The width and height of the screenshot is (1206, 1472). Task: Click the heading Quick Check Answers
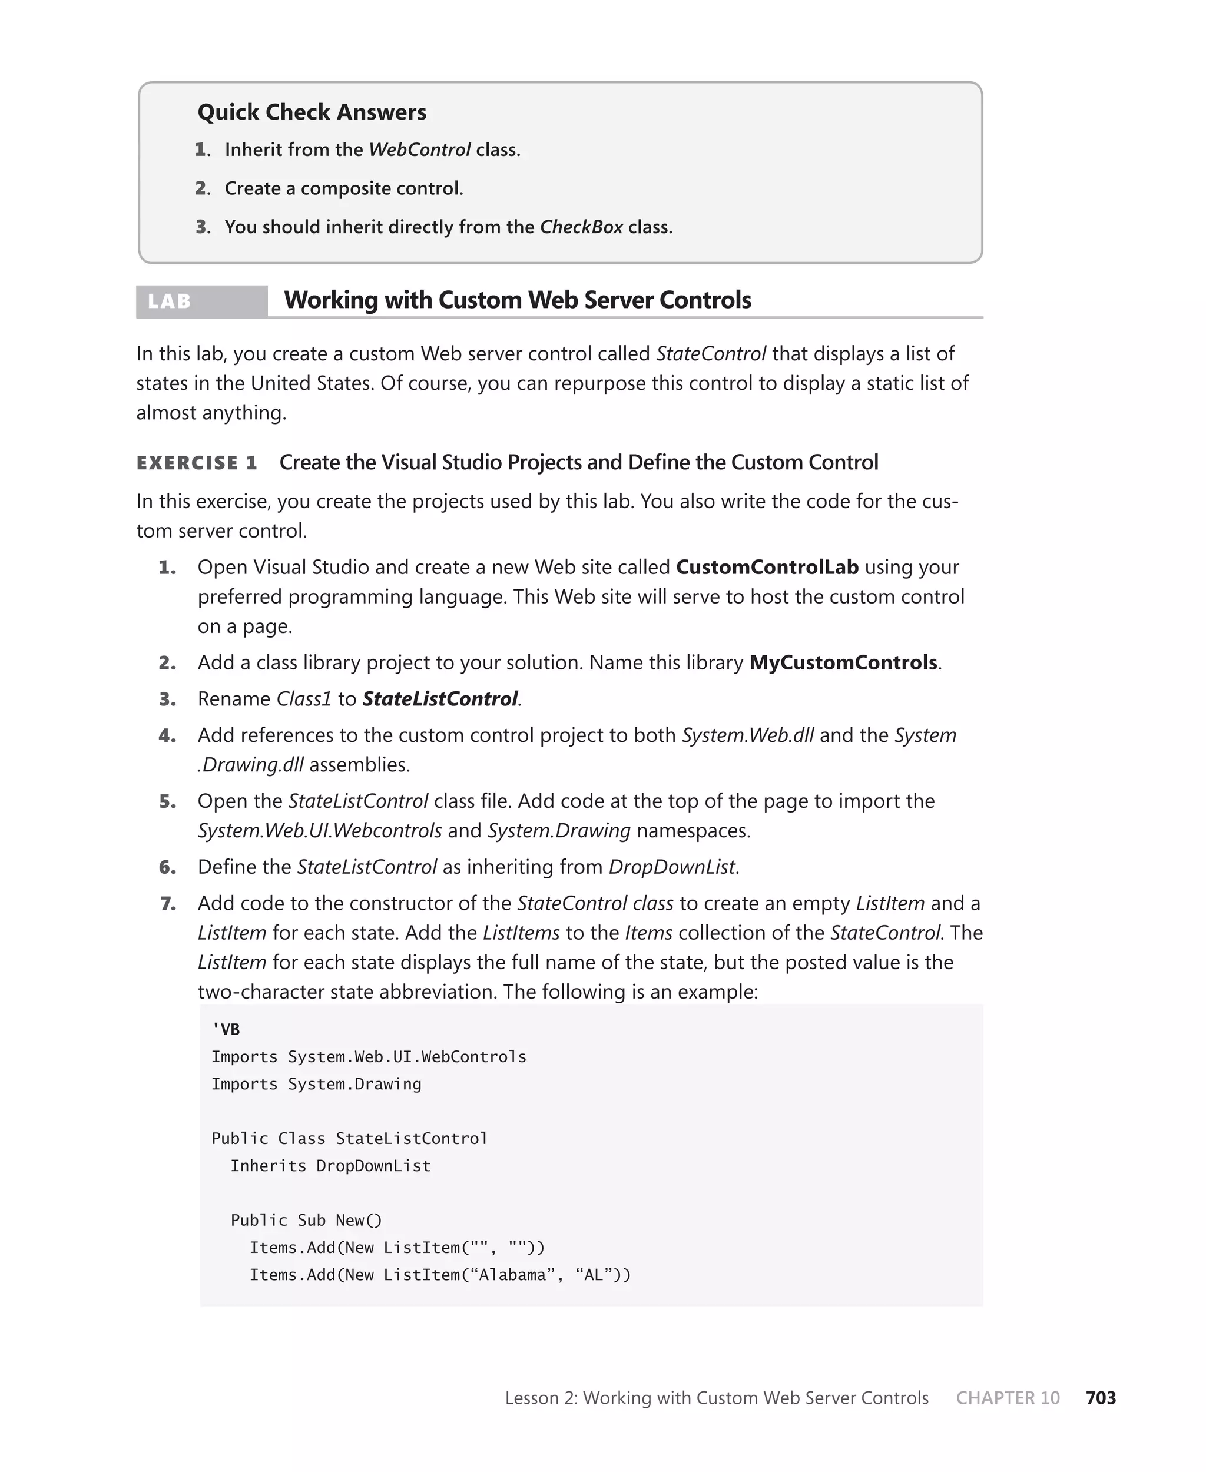pyautogui.click(x=312, y=112)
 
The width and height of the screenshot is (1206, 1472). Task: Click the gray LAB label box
pyautogui.click(x=201, y=301)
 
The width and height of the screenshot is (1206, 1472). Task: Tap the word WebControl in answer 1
pyautogui.click(x=419, y=150)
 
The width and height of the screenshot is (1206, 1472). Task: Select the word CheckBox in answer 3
pyautogui.click(x=581, y=227)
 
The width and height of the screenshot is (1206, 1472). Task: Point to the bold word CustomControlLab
pyautogui.click(x=767, y=568)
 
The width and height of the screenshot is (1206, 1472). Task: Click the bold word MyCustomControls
pyautogui.click(x=843, y=663)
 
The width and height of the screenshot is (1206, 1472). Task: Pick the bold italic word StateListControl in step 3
pyautogui.click(x=440, y=699)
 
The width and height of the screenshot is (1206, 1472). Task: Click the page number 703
pyautogui.click(x=1101, y=1398)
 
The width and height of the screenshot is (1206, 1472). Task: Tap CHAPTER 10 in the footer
pyautogui.click(x=1008, y=1398)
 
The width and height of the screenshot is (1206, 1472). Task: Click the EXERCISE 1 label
pyautogui.click(x=197, y=463)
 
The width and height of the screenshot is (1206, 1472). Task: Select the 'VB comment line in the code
pyautogui.click(x=226, y=1029)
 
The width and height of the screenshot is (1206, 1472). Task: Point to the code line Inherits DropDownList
pyautogui.click(x=331, y=1166)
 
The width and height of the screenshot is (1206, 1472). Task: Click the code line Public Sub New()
pyautogui.click(x=306, y=1221)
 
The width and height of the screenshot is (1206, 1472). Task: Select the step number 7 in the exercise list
pyautogui.click(x=167, y=904)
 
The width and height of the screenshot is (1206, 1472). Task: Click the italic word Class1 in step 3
pyautogui.click(x=304, y=699)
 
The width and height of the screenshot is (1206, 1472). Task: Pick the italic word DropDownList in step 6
pyautogui.click(x=672, y=867)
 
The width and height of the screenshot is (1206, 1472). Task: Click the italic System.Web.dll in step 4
pyautogui.click(x=747, y=735)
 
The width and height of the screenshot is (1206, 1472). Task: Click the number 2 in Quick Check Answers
pyautogui.click(x=202, y=189)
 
